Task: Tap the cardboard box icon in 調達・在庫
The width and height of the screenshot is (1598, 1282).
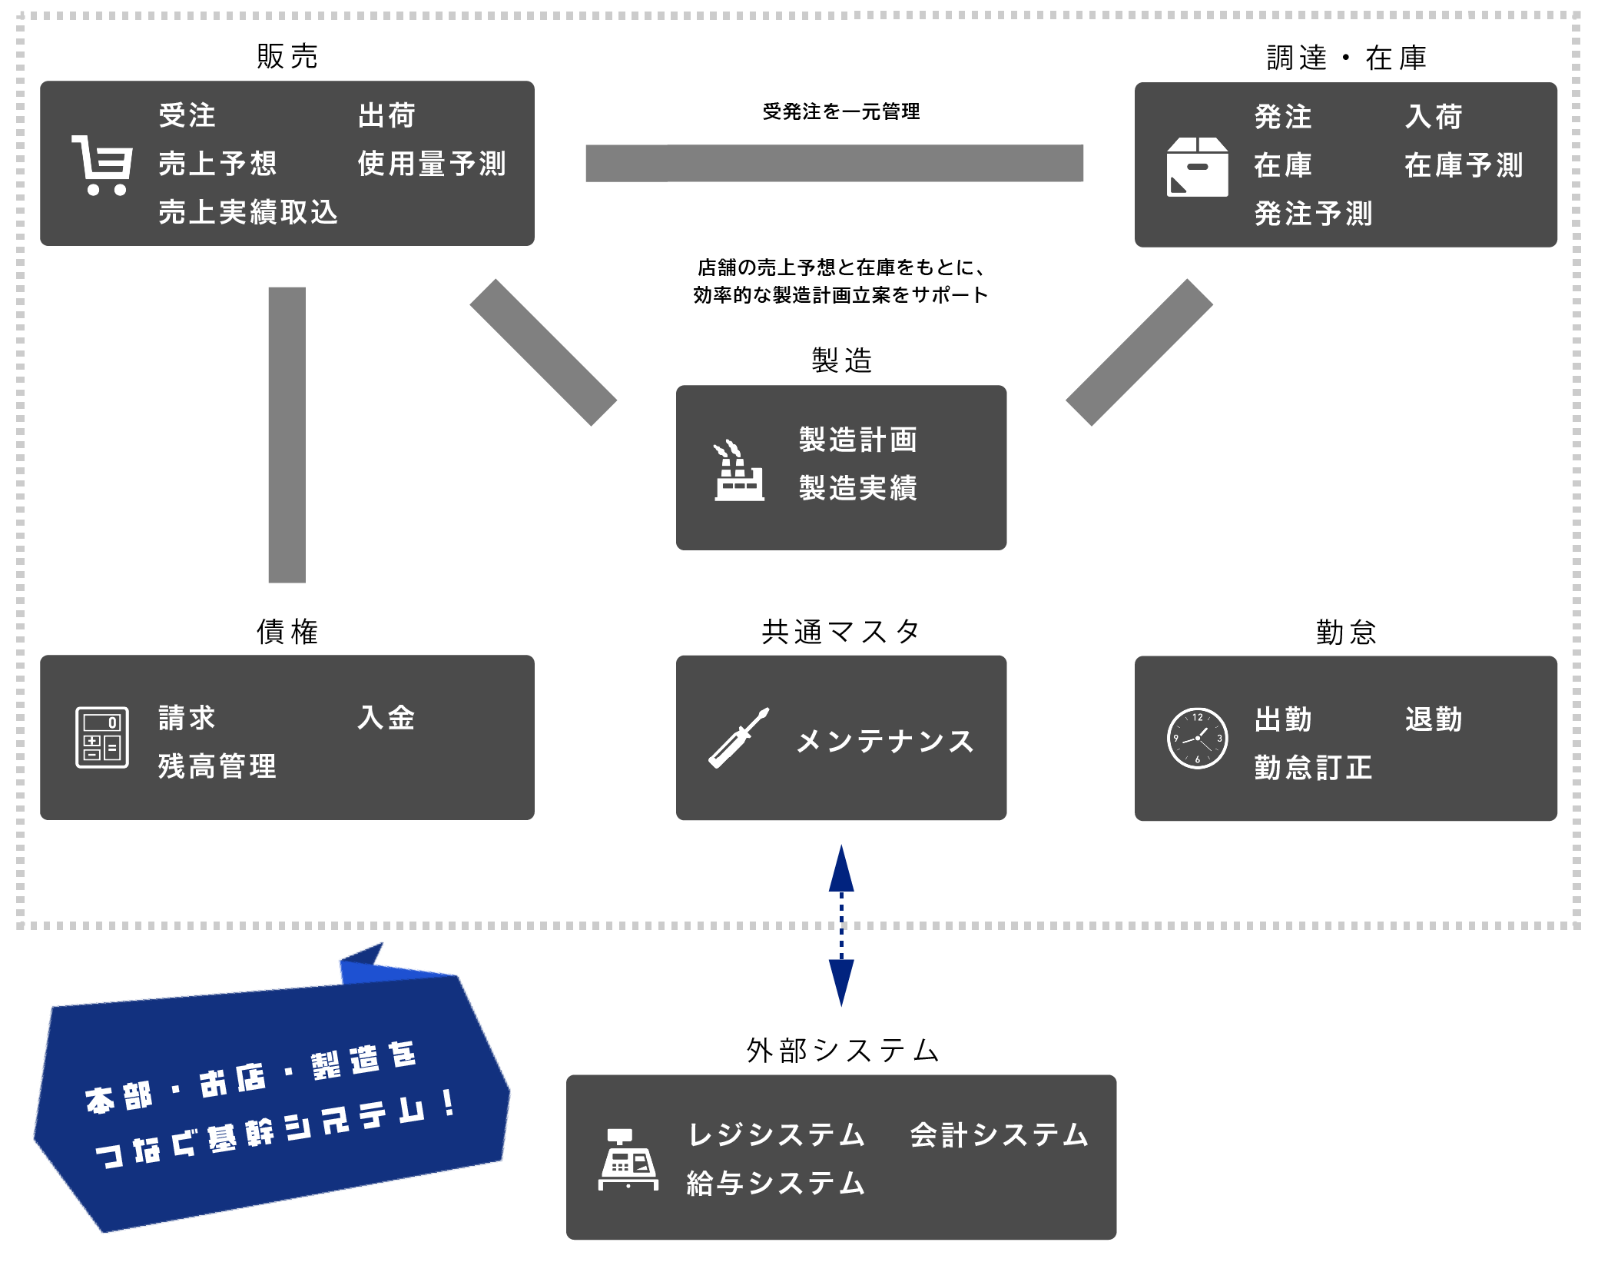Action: tap(1196, 167)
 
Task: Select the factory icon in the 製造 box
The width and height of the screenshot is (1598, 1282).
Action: tap(738, 471)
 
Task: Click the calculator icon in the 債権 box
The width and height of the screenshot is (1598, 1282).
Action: tap(102, 737)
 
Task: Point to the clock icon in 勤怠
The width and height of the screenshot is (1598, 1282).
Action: tap(1197, 738)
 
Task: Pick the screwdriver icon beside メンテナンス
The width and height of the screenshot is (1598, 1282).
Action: tap(738, 738)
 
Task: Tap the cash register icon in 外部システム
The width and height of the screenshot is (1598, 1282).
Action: tap(628, 1159)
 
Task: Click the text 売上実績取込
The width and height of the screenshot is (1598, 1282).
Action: tap(248, 212)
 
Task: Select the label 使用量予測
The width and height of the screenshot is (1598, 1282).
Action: tap(432, 164)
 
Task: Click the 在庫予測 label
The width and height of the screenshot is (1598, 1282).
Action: tap(1464, 165)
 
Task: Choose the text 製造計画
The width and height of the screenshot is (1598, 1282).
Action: tap(858, 440)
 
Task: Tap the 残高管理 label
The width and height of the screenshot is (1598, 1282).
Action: tap(217, 766)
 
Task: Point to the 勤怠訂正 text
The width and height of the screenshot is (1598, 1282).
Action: tap(1313, 768)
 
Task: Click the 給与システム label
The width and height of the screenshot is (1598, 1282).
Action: tap(776, 1183)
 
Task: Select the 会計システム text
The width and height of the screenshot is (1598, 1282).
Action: tap(1000, 1135)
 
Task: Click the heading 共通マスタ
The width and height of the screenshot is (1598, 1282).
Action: tap(840, 632)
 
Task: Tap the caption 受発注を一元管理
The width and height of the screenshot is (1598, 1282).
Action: tap(840, 112)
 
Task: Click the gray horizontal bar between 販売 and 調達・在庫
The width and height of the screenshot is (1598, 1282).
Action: tap(834, 163)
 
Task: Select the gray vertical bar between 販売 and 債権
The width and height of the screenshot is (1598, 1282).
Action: tap(287, 434)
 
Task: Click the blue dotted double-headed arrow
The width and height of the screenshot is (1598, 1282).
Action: tap(841, 925)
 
